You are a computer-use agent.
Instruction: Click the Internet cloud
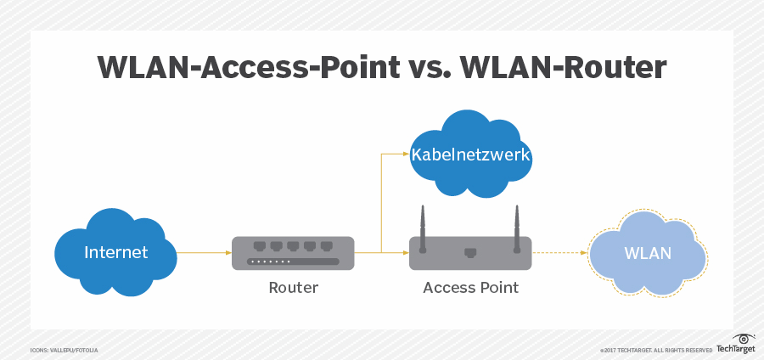click(x=115, y=253)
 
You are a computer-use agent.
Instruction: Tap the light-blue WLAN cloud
click(x=647, y=253)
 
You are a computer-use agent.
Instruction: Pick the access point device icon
click(x=470, y=252)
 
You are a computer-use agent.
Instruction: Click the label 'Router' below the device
click(x=293, y=288)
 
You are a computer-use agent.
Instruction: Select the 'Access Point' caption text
click(x=470, y=288)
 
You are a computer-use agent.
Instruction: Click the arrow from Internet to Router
click(x=204, y=252)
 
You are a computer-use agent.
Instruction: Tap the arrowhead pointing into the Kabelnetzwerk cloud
click(x=405, y=155)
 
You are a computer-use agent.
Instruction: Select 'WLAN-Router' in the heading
click(x=587, y=69)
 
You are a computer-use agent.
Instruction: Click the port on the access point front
click(x=470, y=252)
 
